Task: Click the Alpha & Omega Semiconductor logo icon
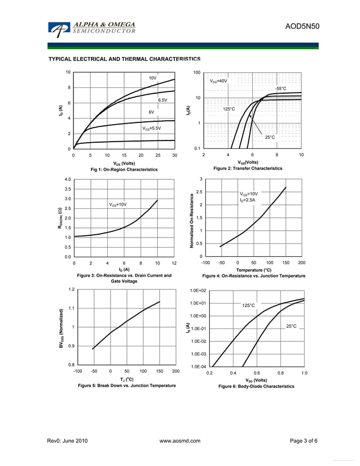(x=58, y=29)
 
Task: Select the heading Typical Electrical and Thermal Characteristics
(x=124, y=59)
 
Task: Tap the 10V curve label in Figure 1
(x=152, y=78)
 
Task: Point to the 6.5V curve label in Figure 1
(x=163, y=100)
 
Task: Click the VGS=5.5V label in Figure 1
(x=151, y=128)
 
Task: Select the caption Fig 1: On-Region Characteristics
(x=124, y=169)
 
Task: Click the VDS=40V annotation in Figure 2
(x=218, y=81)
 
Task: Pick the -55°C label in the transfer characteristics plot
(x=280, y=89)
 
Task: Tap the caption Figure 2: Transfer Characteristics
(x=248, y=168)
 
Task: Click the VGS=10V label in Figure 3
(x=117, y=204)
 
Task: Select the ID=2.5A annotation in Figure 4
(x=247, y=200)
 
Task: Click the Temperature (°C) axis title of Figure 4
(x=253, y=270)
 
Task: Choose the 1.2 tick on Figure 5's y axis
(x=71, y=289)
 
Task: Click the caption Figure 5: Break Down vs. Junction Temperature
(x=126, y=385)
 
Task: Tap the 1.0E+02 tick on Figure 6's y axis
(x=199, y=291)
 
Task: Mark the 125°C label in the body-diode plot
(x=248, y=305)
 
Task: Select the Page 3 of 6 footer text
(x=304, y=441)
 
